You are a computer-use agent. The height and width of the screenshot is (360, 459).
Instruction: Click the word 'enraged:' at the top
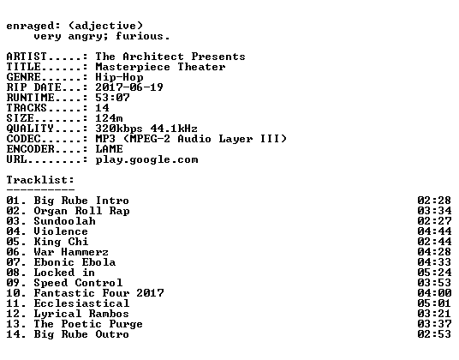point(33,27)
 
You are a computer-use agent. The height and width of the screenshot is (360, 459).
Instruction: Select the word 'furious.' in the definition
point(143,36)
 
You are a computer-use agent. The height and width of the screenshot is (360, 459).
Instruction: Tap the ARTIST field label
point(27,57)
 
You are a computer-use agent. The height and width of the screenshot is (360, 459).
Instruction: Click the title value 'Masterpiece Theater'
point(160,67)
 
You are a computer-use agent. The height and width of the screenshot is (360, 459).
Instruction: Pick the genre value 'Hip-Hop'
point(119,77)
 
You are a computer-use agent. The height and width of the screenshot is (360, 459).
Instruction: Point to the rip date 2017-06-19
point(129,87)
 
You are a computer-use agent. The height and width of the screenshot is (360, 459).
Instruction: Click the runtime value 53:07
point(112,98)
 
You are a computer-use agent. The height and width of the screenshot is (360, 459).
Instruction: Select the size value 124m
point(109,118)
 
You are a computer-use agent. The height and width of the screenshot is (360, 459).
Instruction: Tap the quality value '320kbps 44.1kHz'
point(146,129)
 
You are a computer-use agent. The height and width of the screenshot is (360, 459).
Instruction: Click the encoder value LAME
point(110,149)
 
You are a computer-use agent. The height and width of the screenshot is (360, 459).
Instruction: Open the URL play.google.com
point(146,160)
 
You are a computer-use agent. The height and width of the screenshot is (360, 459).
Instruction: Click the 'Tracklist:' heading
point(40,180)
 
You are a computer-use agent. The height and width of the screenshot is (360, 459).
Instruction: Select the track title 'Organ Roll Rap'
point(81,211)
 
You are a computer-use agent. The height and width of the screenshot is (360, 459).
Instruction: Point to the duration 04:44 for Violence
point(434,231)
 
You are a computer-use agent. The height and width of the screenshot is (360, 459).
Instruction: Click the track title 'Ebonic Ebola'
point(75,262)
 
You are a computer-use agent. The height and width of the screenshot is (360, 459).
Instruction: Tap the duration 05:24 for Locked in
point(434,273)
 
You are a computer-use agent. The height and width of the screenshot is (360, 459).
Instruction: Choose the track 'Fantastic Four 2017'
point(99,293)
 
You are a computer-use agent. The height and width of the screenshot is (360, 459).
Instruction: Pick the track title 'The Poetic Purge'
point(88,324)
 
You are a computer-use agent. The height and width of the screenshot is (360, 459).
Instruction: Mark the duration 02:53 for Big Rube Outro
point(434,334)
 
